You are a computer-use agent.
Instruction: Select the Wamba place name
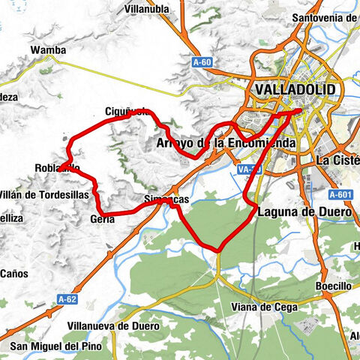tap(48, 50)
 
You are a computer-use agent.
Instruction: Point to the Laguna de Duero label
tap(304, 212)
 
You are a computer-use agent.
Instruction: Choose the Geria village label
tap(102, 218)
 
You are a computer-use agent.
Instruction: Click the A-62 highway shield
tap(67, 298)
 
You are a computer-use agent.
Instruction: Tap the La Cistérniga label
tap(337, 160)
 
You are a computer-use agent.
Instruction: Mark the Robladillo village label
tap(57, 168)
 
